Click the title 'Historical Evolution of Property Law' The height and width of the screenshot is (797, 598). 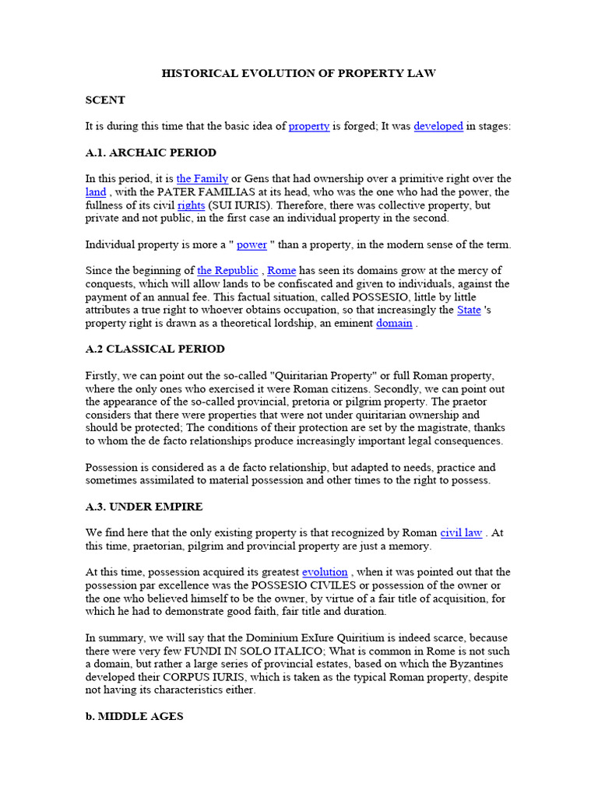(x=298, y=73)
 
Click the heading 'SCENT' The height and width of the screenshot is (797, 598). (x=105, y=100)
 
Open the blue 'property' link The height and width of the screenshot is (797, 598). (x=309, y=126)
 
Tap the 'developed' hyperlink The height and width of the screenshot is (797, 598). (x=438, y=126)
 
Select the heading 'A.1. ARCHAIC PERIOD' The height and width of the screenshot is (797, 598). (x=151, y=153)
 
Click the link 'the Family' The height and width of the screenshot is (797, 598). (x=202, y=179)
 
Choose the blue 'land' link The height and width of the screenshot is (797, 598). (x=96, y=192)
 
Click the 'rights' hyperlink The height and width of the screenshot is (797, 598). (x=191, y=205)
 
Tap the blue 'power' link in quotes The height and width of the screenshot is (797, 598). (x=252, y=244)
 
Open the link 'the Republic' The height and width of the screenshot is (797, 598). (x=227, y=271)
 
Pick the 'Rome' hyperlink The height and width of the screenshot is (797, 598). (x=281, y=271)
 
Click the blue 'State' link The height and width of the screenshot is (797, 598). (x=469, y=310)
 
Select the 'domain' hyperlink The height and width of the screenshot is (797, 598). (x=394, y=323)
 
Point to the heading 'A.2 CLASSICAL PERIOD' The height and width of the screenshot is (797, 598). (x=155, y=349)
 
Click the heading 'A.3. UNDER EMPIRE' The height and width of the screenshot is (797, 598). (x=144, y=507)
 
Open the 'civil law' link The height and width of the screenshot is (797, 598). (x=461, y=533)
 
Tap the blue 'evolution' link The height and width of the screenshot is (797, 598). (x=325, y=572)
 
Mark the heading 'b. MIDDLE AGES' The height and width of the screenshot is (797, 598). (x=134, y=716)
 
